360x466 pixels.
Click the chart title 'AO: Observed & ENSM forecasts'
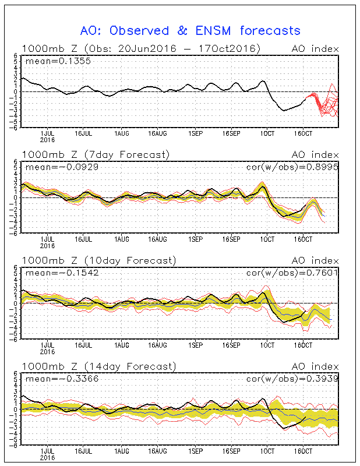coord(190,30)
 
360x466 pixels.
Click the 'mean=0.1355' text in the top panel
coord(52,60)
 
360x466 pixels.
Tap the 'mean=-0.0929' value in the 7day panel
coord(56,167)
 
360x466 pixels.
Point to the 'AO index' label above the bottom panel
coord(317,366)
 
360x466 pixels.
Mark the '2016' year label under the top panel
coord(48,140)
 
